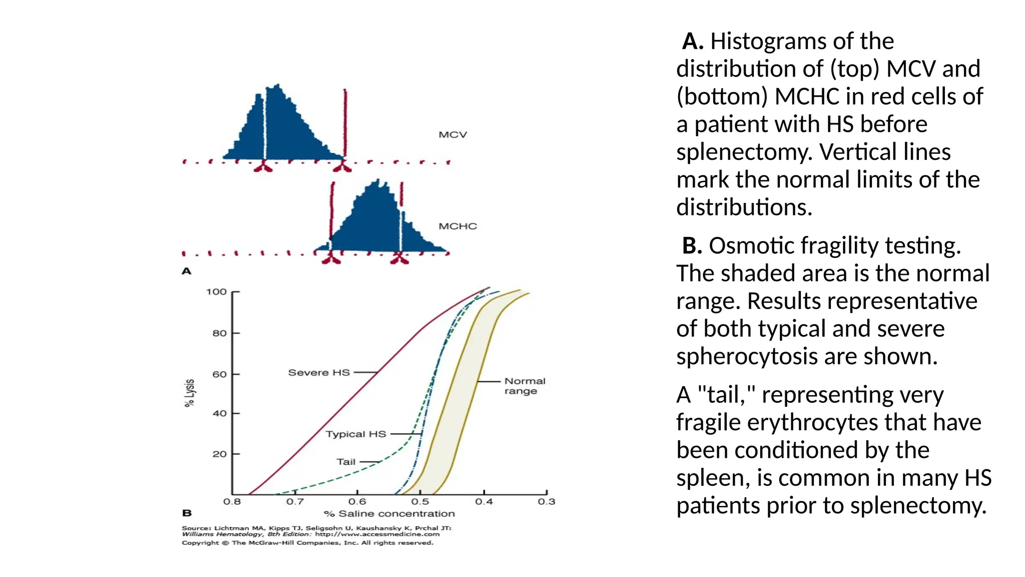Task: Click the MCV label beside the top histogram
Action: pos(452,135)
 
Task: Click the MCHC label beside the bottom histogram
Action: pos(457,226)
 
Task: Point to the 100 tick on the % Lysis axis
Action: pos(216,292)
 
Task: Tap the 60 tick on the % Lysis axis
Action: pos(219,374)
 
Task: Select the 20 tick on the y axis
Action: pos(219,454)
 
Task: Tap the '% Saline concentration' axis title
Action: pos(389,514)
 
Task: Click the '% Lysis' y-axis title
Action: pos(189,393)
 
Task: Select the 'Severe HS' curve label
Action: pos(319,373)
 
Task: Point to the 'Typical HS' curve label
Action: pos(356,434)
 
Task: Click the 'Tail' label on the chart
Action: pos(346,462)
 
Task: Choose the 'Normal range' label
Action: pos(524,386)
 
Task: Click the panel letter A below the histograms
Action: pos(187,271)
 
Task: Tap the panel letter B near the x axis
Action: pos(187,513)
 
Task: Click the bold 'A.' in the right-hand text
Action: pos(693,42)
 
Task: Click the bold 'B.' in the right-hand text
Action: pos(693,246)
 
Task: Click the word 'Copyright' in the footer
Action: pos(200,543)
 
